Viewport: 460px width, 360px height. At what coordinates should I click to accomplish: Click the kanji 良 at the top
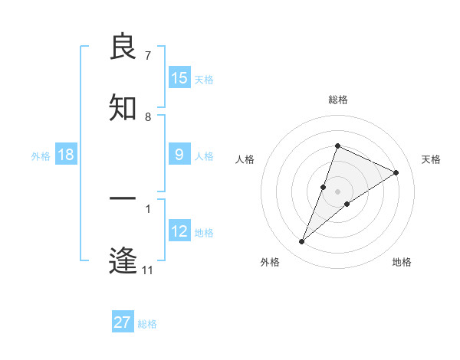coord(123,48)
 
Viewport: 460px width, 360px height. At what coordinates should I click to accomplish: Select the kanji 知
coord(123,107)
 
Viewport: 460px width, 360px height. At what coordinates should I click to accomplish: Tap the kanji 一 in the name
coord(123,200)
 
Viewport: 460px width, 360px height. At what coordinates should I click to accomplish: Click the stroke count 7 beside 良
coord(148,56)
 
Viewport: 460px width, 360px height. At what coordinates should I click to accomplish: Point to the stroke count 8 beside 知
coord(148,117)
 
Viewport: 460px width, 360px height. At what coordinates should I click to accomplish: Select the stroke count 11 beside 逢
coord(148,270)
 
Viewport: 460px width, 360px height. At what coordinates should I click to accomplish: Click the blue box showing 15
coord(179,78)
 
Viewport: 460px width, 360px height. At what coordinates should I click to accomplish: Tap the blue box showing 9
coord(179,155)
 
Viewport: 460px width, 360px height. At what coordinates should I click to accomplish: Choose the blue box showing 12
coord(179,231)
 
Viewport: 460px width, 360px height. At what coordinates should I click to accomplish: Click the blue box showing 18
coord(66,155)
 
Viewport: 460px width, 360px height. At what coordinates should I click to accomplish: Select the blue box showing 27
coord(122,322)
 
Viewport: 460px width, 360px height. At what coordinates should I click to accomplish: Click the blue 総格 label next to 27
coord(147,324)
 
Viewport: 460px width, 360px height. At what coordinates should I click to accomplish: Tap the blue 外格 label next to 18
coord(41,156)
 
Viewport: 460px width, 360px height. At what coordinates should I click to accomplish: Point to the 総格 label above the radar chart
coord(337,100)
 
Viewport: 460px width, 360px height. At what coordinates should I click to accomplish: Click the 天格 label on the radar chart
coord(431,159)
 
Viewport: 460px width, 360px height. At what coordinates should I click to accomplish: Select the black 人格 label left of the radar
coord(245,159)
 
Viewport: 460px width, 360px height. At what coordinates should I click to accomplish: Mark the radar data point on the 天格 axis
coord(396,172)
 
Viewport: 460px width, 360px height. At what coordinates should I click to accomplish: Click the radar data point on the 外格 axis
coord(302,242)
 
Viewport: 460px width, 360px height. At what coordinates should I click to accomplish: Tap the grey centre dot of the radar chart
coord(337,191)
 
